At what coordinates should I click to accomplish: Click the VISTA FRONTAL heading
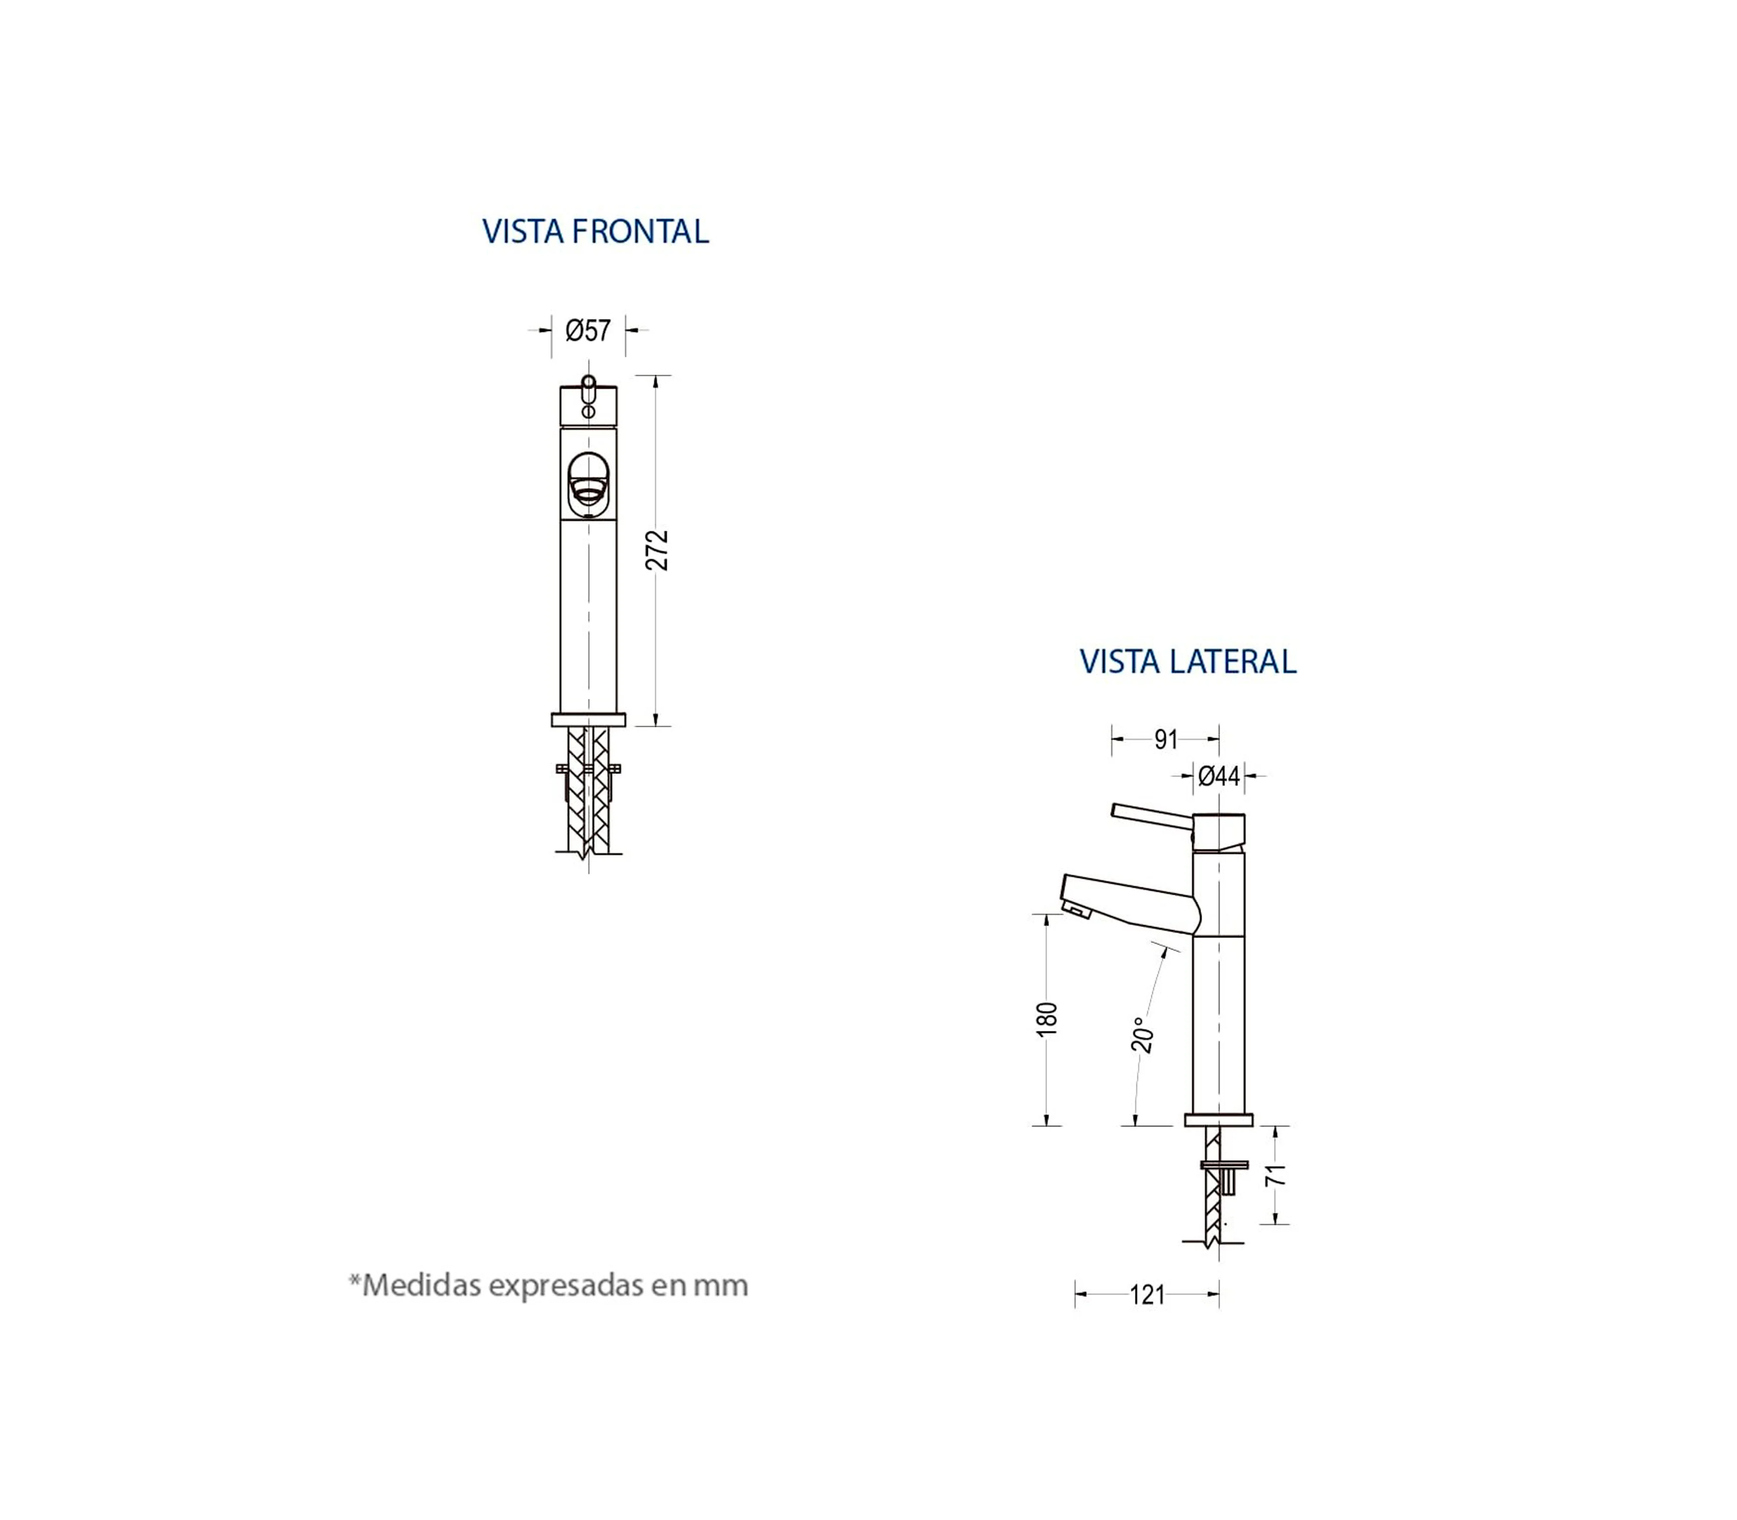pyautogui.click(x=595, y=231)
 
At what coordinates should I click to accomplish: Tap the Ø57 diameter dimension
pyautogui.click(x=588, y=330)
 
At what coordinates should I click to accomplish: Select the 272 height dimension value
pyautogui.click(x=657, y=551)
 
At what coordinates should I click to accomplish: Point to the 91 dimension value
pyautogui.click(x=1166, y=740)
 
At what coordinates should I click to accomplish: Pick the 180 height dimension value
pyautogui.click(x=1047, y=1019)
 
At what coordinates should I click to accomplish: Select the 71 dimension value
pyautogui.click(x=1276, y=1175)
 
